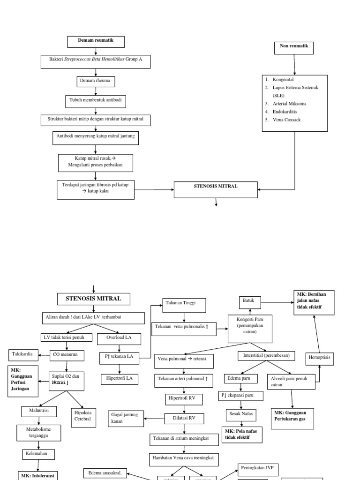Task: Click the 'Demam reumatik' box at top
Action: coord(96,42)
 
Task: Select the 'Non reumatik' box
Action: coord(294,47)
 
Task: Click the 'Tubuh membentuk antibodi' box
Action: coord(95,100)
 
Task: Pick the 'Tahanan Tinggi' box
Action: coord(184,304)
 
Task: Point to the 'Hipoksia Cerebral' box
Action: coord(82,415)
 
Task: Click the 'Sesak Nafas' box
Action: coord(241,414)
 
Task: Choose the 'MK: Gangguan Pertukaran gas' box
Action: coord(292,418)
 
